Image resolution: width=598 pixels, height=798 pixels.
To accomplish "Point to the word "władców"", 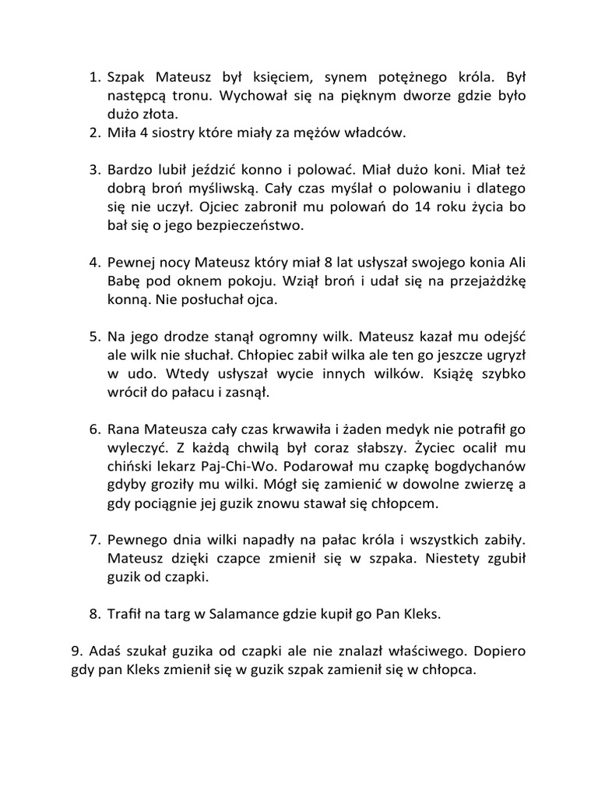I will coord(377,133).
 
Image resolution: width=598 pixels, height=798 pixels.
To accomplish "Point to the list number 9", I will coord(76,651).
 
